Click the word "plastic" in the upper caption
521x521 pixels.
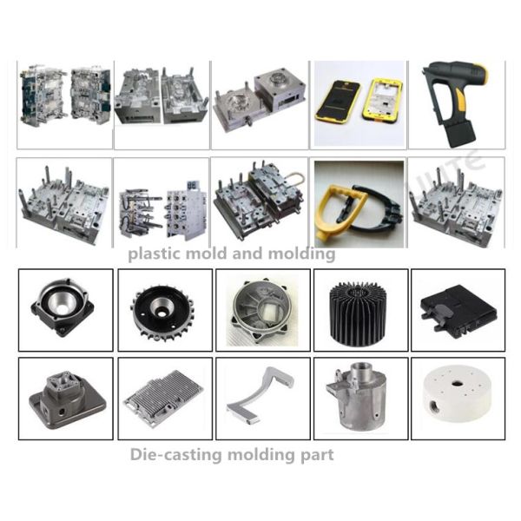[153, 254]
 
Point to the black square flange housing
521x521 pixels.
[64, 308]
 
